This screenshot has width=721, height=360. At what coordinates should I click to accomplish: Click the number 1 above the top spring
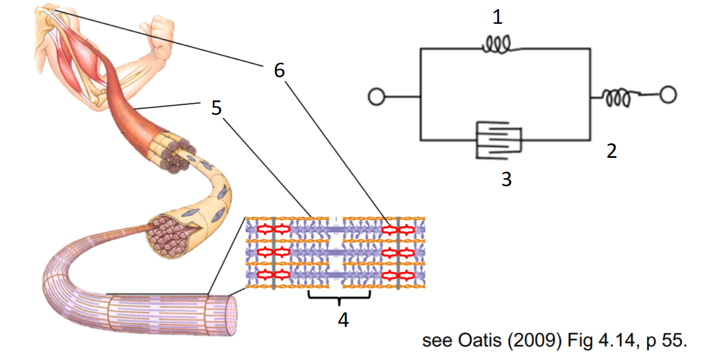(x=498, y=17)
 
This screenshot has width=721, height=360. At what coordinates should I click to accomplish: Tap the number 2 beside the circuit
(x=612, y=151)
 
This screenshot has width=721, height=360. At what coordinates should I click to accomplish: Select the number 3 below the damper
(x=506, y=179)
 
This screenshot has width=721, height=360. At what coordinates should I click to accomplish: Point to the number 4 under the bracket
(x=343, y=320)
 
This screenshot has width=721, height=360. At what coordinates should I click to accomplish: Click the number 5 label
(x=216, y=108)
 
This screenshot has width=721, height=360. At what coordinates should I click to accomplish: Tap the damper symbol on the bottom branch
(x=499, y=141)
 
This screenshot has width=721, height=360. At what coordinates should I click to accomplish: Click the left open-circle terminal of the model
(x=376, y=98)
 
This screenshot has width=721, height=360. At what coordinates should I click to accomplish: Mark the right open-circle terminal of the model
(x=668, y=96)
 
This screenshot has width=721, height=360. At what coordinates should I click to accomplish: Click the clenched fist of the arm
(x=160, y=33)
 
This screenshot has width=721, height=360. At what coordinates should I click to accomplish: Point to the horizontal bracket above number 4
(x=339, y=297)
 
